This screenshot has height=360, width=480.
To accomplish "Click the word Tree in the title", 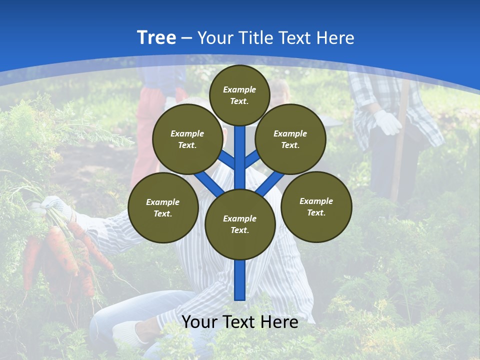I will tap(156, 38).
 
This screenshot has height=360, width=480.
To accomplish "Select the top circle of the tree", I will tap(239, 95).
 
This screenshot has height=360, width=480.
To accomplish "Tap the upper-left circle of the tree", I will tap(187, 139).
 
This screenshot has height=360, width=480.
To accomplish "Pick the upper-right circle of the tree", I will tap(290, 139).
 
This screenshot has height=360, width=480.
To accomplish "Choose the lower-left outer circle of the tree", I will tap(163, 208).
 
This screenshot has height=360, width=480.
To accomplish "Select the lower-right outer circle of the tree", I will tap(316, 207).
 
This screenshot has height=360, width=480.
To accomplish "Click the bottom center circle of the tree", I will tap(239, 224).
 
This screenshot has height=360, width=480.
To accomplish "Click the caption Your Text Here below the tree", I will tap(239, 322).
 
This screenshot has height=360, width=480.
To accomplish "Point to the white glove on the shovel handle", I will tap(387, 122).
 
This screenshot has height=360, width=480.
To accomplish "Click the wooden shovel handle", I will tap(398, 160).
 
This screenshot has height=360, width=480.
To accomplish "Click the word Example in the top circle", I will tap(239, 89).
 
